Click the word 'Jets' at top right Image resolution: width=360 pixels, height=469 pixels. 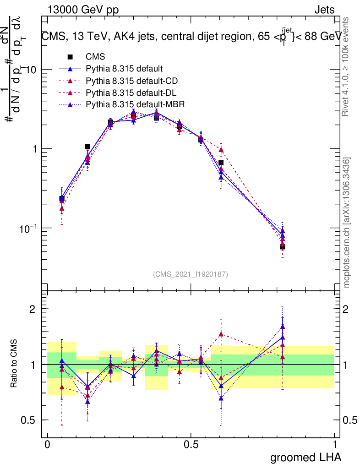click(324, 10)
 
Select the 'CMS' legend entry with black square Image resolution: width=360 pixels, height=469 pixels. click(95, 57)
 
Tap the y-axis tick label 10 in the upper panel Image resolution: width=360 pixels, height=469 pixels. click(31, 70)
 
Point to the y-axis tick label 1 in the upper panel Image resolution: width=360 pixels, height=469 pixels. click(34, 149)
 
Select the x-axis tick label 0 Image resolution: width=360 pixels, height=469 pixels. click(47, 445)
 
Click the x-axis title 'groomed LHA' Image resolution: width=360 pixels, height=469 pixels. click(306, 457)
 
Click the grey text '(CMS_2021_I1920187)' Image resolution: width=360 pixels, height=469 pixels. click(191, 274)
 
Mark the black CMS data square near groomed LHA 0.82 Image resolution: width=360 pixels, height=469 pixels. click(283, 247)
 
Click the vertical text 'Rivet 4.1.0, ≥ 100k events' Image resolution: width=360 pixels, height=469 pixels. click(347, 66)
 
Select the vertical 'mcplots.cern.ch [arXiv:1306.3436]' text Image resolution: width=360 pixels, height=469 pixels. click(347, 222)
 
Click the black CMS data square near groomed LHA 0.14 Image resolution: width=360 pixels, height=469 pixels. click(87, 147)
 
